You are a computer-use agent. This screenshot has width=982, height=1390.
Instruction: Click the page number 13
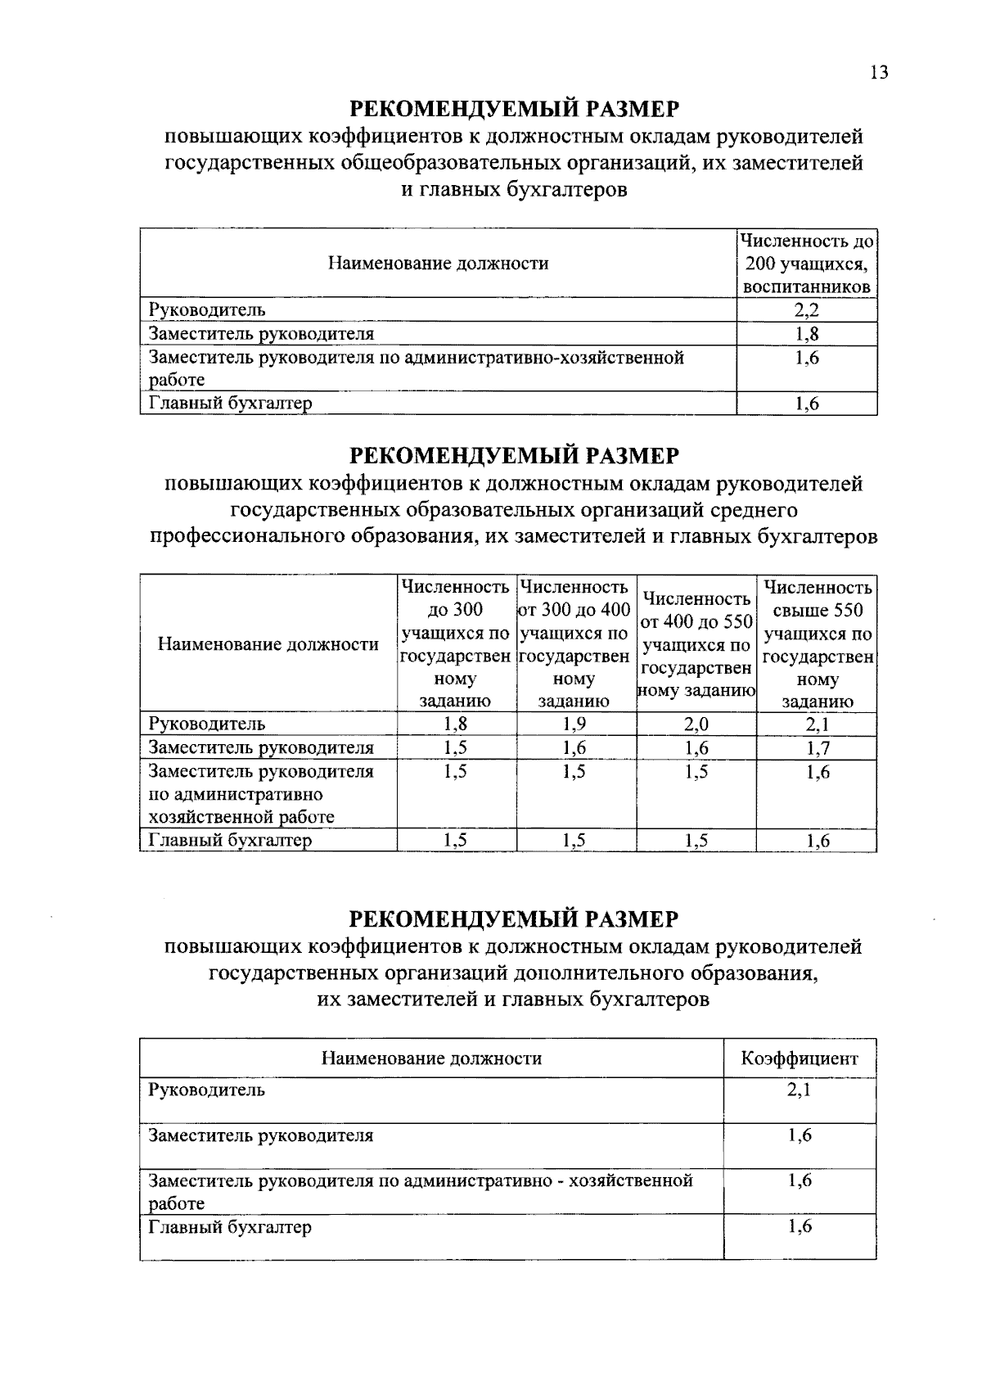coord(878,73)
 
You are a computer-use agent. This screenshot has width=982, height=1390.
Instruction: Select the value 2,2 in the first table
coord(807,310)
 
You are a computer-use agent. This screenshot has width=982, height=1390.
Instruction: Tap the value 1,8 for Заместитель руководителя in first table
coord(807,334)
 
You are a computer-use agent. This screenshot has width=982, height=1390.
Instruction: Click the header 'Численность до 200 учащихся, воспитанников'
coord(807,264)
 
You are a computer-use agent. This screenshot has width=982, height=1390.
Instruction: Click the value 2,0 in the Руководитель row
coord(697,724)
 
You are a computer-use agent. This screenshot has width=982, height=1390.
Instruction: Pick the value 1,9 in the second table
coord(575,724)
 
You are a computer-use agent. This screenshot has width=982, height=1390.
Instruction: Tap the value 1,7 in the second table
coord(818,747)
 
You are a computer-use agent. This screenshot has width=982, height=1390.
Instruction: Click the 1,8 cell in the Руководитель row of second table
coord(456,724)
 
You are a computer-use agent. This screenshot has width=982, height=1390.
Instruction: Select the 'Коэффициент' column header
coord(800,1058)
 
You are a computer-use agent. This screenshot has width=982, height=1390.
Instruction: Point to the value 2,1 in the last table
coord(800,1090)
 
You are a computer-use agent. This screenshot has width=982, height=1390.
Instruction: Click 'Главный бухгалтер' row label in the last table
coord(230,1227)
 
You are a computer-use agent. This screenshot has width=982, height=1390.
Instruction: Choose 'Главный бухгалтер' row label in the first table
coord(230,404)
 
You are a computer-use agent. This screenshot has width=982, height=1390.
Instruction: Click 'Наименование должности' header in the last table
coord(431,1058)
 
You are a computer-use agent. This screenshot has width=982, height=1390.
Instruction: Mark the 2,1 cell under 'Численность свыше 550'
coord(818,724)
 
